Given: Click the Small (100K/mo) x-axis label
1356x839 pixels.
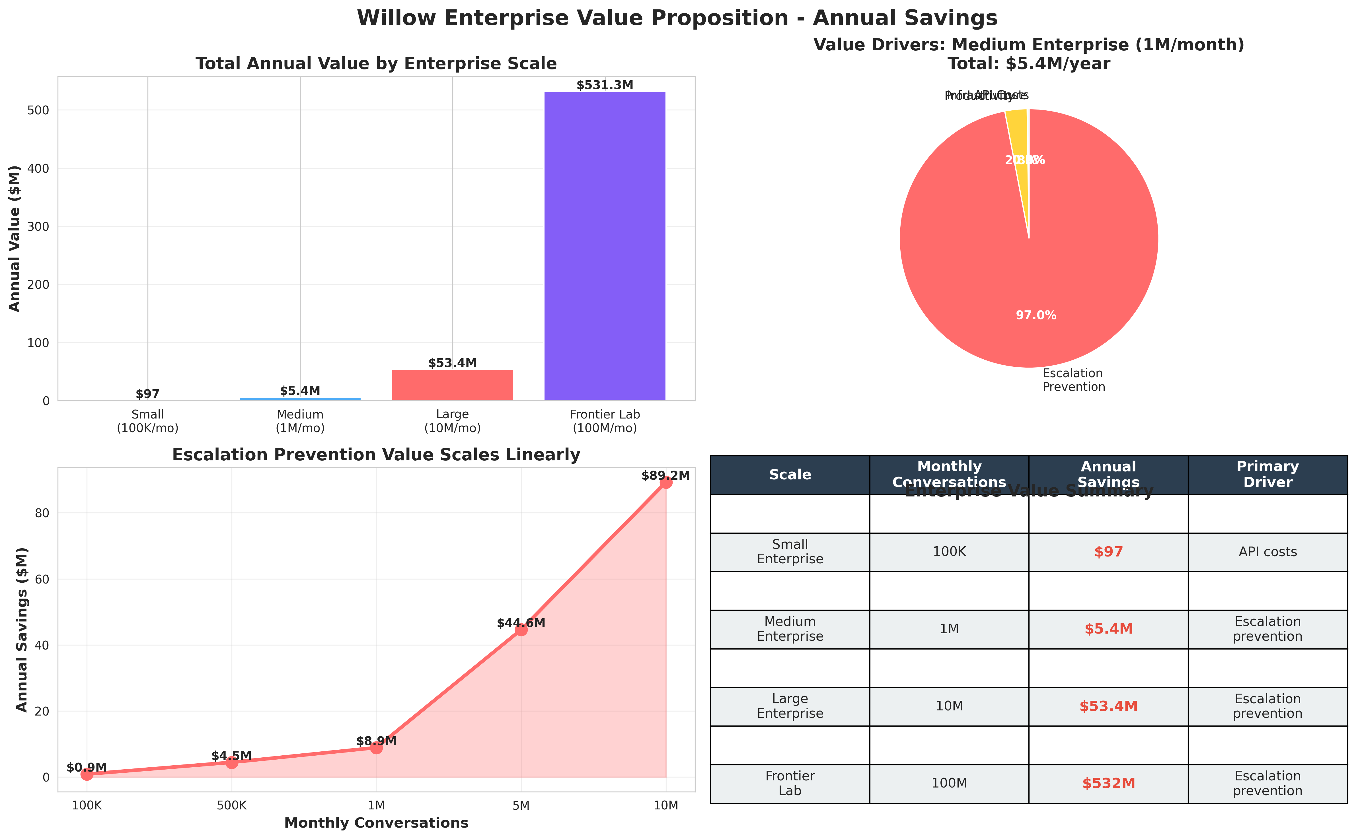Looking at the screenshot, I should point(148,421).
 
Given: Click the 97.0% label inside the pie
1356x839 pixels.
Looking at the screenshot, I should point(1036,315).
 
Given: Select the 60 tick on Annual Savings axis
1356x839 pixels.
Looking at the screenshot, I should point(42,579).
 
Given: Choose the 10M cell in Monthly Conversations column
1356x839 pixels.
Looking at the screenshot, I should point(949,706).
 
